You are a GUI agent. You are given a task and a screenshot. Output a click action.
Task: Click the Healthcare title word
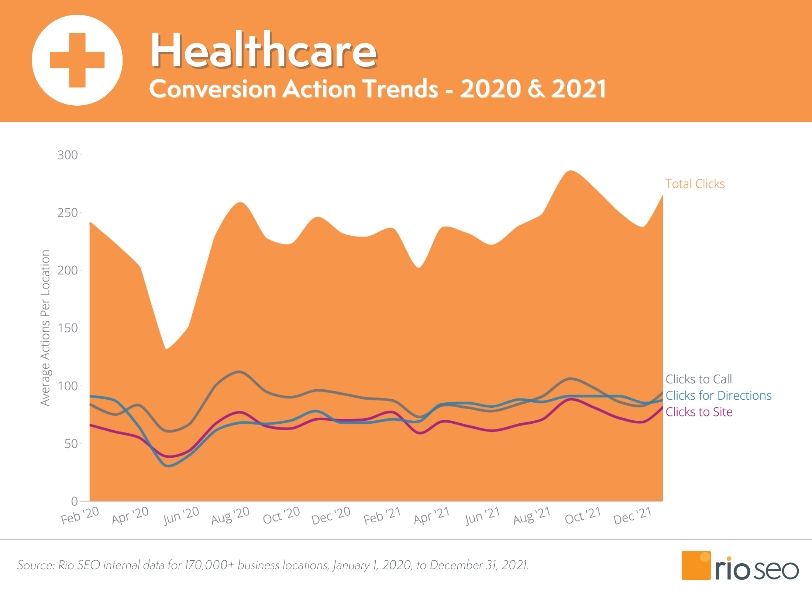(264, 50)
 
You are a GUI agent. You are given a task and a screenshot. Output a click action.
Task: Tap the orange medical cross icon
(77, 60)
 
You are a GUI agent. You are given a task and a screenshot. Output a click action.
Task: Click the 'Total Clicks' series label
(695, 184)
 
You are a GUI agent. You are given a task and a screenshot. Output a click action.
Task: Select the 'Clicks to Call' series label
(699, 379)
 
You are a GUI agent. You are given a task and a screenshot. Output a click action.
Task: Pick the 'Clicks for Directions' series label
(719, 395)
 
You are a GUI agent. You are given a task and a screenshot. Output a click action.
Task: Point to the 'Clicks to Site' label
(699, 411)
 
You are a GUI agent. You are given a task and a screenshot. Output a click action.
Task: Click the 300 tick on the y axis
(68, 155)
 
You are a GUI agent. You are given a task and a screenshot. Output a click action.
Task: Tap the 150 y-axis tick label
(68, 328)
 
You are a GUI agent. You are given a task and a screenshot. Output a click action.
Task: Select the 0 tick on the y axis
(75, 501)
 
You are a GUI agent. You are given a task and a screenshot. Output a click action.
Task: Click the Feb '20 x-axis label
(80, 515)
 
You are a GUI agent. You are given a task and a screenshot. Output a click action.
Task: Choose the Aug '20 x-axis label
(231, 515)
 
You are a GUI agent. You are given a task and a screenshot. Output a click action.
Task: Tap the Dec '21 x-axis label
(633, 515)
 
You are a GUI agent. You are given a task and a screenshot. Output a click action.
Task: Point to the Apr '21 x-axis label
(432, 515)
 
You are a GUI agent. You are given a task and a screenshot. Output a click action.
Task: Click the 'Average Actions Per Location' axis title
(45, 328)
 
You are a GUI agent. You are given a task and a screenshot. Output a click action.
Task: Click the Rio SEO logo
(740, 566)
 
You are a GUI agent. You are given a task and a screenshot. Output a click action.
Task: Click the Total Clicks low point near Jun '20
(166, 349)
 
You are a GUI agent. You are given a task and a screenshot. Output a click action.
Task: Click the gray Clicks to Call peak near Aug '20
(240, 372)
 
